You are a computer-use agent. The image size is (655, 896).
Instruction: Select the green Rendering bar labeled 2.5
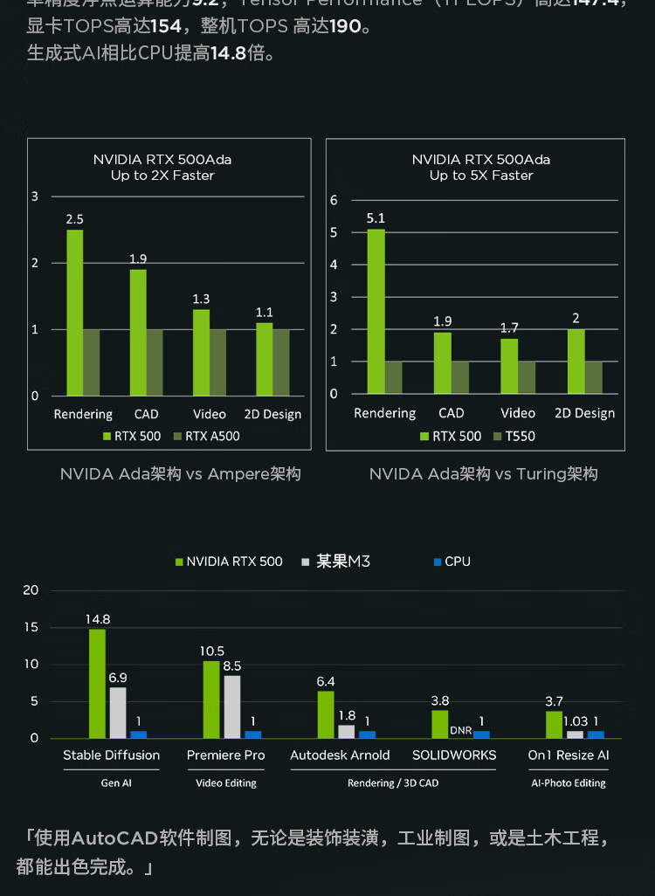coord(75,313)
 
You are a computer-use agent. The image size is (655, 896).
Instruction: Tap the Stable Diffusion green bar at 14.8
coord(97,684)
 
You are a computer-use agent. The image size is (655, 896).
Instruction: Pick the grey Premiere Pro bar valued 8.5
coord(231,706)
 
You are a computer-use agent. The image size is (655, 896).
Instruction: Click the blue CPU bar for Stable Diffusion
coord(139,734)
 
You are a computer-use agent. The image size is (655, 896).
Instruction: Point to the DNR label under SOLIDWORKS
coord(460,730)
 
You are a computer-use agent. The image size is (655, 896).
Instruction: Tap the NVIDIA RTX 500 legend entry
coord(229,562)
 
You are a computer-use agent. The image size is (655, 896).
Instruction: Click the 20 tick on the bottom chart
coord(31,590)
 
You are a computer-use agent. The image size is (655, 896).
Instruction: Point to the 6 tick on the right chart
coord(334,200)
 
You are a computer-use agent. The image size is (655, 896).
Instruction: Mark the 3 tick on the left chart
coord(35,196)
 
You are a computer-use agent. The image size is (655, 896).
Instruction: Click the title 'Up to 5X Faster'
coord(481,176)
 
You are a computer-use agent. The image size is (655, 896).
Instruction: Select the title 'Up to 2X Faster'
coord(162,176)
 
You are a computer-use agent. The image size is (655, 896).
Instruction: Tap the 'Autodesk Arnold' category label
coord(340,755)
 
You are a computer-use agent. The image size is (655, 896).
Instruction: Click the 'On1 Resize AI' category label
coord(569,755)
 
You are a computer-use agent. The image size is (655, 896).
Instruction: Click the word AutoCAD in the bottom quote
coord(114,839)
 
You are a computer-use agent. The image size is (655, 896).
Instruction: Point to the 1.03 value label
coord(576,721)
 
